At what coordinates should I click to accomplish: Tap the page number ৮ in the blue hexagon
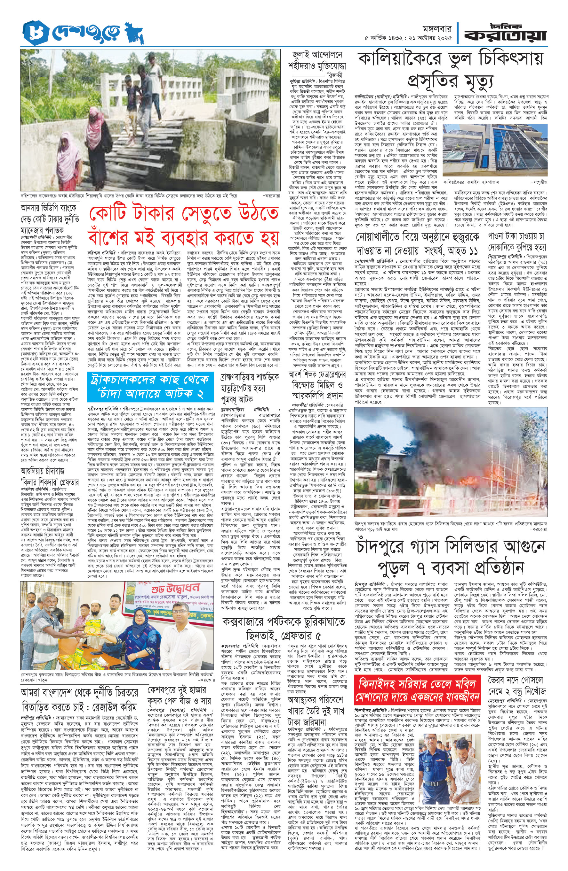click(x=32, y=33)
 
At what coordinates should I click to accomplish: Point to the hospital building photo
click(x=495, y=150)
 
